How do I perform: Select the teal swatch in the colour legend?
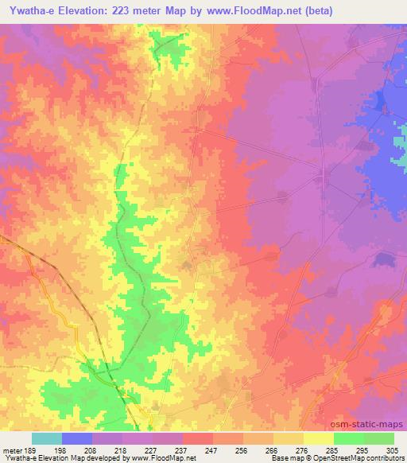[47, 438]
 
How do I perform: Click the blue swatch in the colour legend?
[77, 438]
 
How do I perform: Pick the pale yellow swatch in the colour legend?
[319, 438]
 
